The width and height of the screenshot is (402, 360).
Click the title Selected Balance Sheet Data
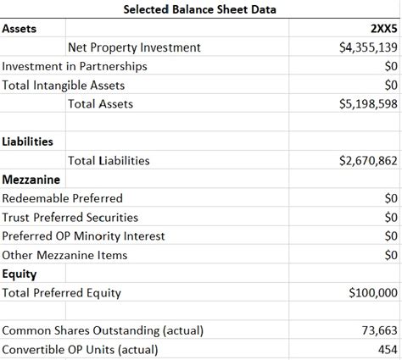coord(200,10)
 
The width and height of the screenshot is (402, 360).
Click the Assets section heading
coord(20,29)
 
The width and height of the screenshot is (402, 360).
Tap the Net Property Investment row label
coord(134,47)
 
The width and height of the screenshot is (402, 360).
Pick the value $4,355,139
coord(368,47)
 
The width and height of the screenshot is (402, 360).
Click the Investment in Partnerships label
coord(75,66)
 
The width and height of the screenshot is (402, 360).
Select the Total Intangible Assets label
coord(64,85)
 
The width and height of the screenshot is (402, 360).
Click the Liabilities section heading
coord(28,141)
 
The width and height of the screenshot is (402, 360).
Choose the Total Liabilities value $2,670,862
coord(368,160)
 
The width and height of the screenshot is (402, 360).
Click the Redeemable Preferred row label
coord(63,197)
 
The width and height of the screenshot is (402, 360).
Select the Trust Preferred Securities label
coord(70,217)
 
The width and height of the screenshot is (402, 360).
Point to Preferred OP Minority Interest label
coord(84,235)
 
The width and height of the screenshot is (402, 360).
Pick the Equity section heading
coord(20,274)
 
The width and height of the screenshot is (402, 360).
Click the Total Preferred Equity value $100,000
coord(373,293)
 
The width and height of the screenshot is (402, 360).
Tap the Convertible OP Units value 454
coord(388,349)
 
